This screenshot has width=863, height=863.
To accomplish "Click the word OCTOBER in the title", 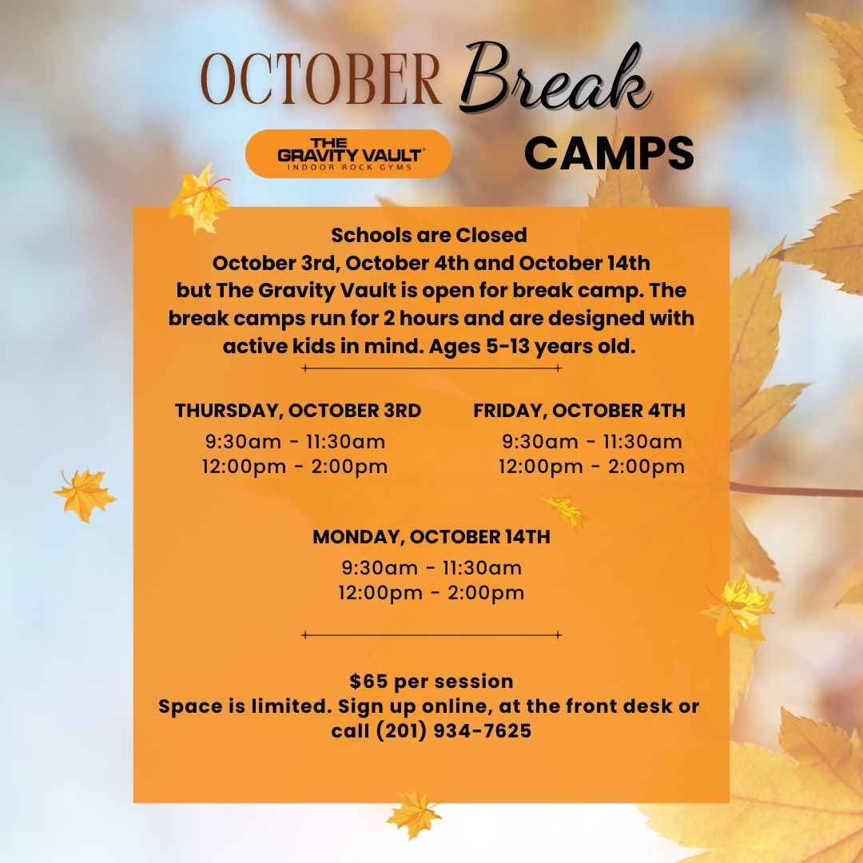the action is pyautogui.click(x=321, y=78).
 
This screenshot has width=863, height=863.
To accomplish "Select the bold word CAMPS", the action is pyautogui.click(x=609, y=153).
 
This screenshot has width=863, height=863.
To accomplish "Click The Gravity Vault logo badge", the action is pyautogui.click(x=348, y=153).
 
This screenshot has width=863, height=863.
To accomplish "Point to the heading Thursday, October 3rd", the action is pyautogui.click(x=298, y=411).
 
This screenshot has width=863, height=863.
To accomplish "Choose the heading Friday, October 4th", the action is pyautogui.click(x=579, y=411).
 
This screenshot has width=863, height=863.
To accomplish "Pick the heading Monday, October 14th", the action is pyautogui.click(x=431, y=537).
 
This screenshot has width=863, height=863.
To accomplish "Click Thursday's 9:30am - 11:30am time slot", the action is pyautogui.click(x=296, y=441).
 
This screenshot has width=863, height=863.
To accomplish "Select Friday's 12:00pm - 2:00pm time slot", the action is pyautogui.click(x=591, y=467).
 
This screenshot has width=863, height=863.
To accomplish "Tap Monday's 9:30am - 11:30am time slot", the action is pyautogui.click(x=431, y=567).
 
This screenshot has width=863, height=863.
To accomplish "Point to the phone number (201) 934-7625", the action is pyautogui.click(x=454, y=731).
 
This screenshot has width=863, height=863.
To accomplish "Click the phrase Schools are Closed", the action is pyautogui.click(x=429, y=236).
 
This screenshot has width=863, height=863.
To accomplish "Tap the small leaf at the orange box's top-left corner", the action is pyautogui.click(x=200, y=198).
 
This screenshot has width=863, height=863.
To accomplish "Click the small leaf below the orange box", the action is pyautogui.click(x=415, y=813).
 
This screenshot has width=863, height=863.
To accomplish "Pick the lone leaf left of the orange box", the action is pyautogui.click(x=85, y=495).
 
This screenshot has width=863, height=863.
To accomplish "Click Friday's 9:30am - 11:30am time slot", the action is pyautogui.click(x=592, y=441).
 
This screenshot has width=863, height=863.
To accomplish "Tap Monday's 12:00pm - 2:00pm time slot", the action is pyautogui.click(x=431, y=593).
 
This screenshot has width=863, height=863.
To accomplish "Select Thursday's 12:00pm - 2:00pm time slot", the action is pyautogui.click(x=295, y=467).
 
